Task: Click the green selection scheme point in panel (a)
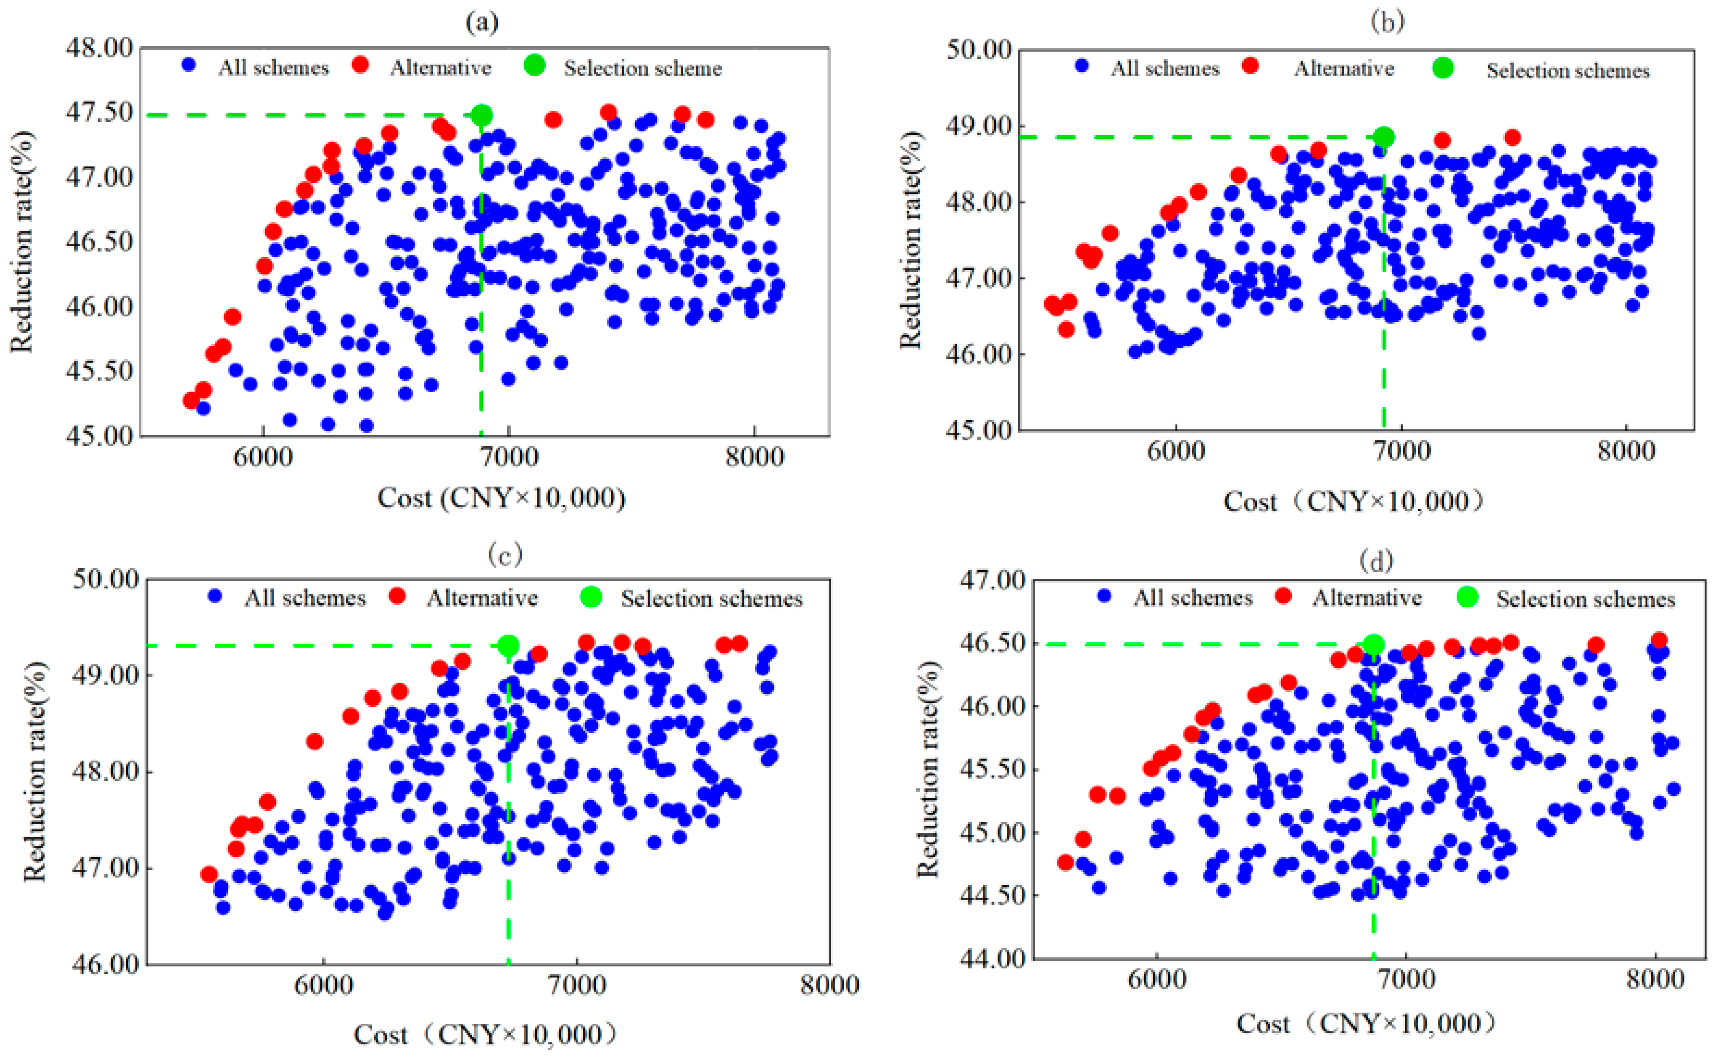point(481,115)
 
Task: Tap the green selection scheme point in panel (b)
point(1383,137)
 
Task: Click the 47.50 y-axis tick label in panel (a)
point(100,112)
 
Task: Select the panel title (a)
point(483,23)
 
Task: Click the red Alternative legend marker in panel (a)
point(361,65)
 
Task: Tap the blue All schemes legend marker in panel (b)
point(1082,66)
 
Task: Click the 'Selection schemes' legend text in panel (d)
point(1586,599)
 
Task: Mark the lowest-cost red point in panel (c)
point(208,874)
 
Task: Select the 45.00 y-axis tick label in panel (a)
point(100,435)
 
